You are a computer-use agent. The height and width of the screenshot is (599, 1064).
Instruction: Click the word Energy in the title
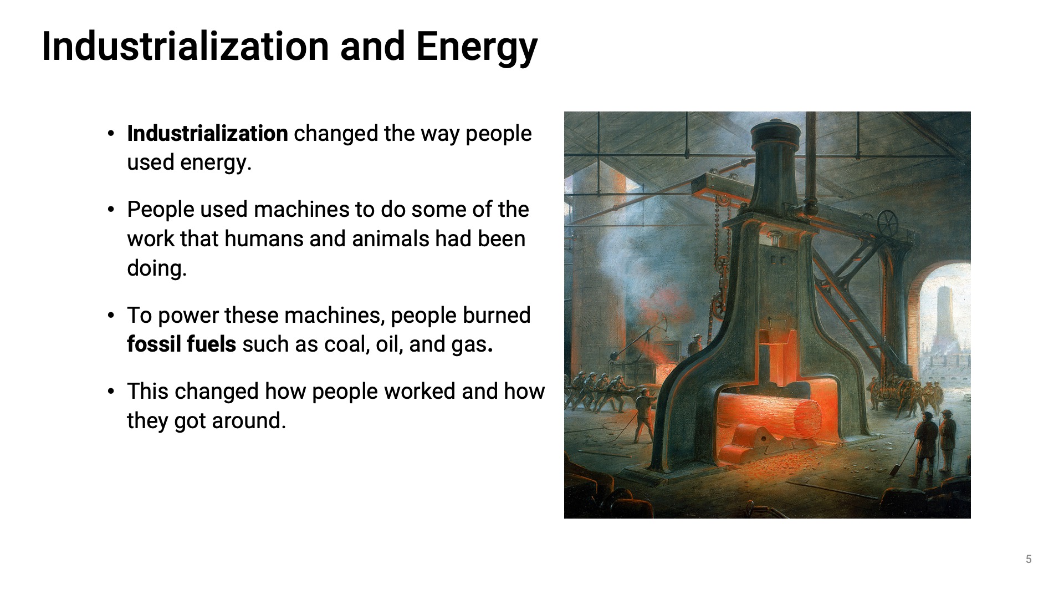[x=477, y=47]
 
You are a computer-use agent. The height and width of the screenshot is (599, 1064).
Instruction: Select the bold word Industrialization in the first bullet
[x=207, y=134]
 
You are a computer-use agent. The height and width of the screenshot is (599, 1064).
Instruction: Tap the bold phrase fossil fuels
[x=181, y=344]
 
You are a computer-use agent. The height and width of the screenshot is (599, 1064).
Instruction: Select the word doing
[x=157, y=268]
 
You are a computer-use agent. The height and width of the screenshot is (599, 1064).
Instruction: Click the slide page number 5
[x=1029, y=559]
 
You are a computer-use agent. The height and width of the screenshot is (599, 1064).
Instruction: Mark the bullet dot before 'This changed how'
[x=111, y=392]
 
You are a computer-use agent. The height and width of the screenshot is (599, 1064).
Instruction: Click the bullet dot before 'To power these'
[x=111, y=316]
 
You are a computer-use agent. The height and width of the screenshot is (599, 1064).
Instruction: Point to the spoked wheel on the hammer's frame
[x=887, y=223]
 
